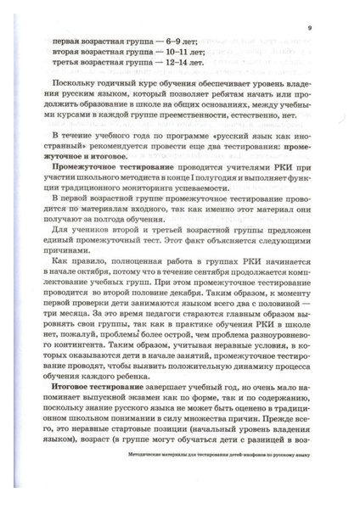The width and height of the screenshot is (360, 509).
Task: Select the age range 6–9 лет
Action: (x=188, y=40)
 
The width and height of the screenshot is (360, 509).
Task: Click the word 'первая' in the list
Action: (x=68, y=40)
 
